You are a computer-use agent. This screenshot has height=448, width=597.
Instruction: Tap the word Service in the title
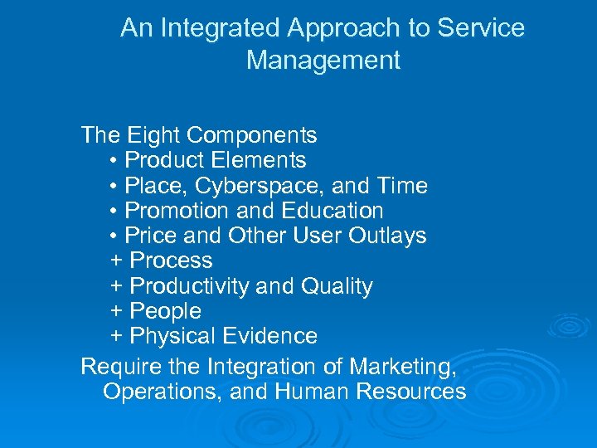481,28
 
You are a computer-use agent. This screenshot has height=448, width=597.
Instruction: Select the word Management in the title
323,61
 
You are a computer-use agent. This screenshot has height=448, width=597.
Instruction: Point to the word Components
252,134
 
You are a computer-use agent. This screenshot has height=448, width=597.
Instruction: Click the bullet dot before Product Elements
114,161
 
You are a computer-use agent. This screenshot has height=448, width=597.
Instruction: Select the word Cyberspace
250,186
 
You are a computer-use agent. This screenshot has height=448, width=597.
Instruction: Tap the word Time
401,185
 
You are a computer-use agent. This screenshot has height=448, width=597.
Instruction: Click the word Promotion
172,211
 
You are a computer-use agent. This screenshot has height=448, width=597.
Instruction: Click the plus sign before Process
116,261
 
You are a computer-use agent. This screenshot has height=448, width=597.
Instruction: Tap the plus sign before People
116,312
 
